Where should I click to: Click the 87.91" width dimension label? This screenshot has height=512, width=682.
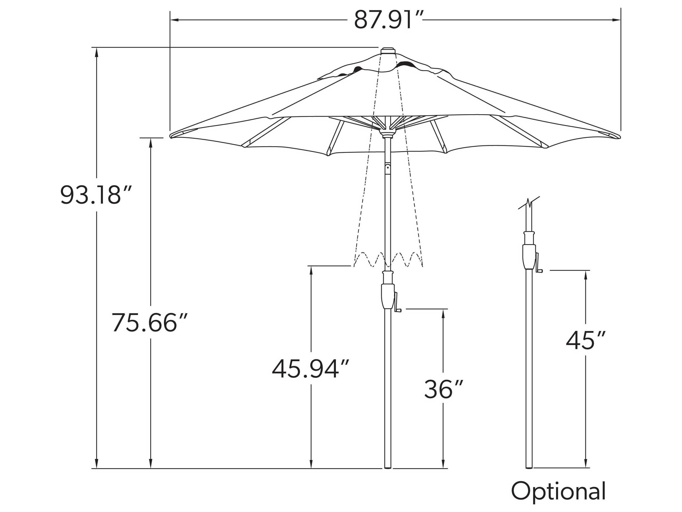[x=388, y=20]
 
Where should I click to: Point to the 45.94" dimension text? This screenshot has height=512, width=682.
[x=311, y=369]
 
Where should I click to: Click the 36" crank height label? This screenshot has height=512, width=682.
[x=443, y=389]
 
